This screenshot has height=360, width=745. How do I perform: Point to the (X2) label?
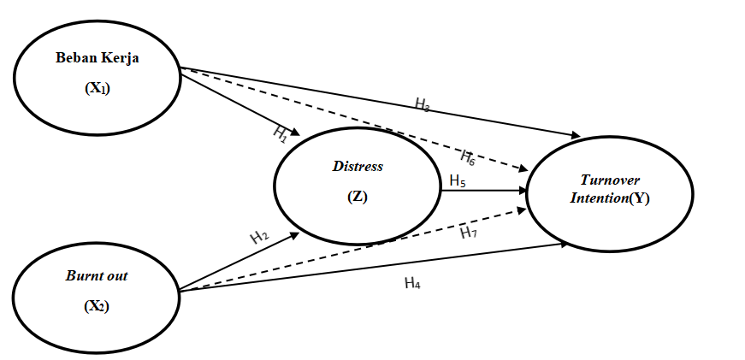96,305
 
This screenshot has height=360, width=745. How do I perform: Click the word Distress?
358,166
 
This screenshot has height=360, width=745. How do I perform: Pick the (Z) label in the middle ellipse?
358,196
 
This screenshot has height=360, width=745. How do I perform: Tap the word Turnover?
610,180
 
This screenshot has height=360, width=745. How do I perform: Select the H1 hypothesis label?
281,133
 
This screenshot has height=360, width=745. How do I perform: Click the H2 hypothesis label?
260,237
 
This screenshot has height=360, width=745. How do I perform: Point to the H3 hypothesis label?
423,104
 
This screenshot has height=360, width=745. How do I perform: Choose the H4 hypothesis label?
412,283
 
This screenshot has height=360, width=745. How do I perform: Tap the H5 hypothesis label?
458,180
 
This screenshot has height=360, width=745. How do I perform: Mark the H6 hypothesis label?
468,156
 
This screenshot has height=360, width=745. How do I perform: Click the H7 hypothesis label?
468,232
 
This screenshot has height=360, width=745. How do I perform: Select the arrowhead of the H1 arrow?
296,134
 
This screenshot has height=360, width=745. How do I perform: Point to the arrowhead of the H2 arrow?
296,233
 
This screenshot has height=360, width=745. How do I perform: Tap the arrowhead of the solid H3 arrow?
576,135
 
